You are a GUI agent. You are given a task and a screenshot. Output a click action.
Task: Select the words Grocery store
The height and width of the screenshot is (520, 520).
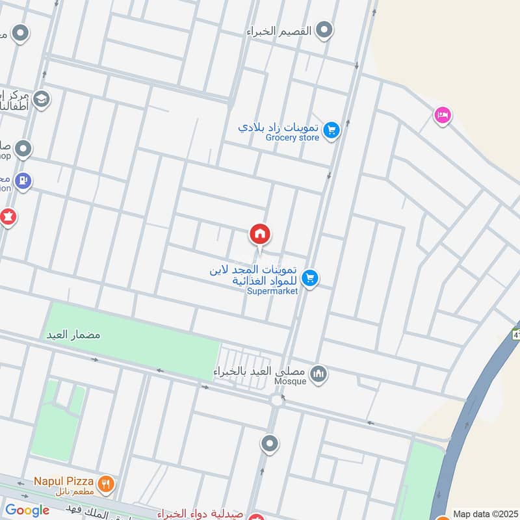(x=292, y=138)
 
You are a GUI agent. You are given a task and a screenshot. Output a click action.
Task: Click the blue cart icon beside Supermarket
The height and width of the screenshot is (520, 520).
(x=310, y=278)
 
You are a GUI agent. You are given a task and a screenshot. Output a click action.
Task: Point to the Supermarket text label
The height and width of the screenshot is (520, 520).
(x=272, y=291)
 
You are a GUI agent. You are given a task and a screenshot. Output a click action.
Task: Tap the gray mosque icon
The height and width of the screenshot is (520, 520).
(x=318, y=373)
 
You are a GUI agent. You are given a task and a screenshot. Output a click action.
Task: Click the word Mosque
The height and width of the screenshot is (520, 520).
(x=291, y=382)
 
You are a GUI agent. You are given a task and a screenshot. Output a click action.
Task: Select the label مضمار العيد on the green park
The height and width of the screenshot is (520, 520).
(x=72, y=335)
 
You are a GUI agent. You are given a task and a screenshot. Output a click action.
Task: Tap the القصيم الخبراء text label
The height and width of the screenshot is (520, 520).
(x=279, y=31)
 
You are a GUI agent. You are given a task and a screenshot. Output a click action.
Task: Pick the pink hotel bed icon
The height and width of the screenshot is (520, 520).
(x=443, y=116)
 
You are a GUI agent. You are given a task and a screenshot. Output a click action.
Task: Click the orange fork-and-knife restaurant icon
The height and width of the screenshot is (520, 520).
(x=106, y=484)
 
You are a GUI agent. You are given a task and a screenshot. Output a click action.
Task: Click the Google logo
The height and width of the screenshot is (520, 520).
(x=27, y=510)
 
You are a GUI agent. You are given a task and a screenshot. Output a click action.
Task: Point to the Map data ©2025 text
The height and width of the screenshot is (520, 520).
(x=484, y=513)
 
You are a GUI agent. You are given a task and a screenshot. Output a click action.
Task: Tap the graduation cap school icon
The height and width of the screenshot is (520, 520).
(x=42, y=99)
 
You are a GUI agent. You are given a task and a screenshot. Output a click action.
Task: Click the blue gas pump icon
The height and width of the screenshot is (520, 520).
(x=23, y=180)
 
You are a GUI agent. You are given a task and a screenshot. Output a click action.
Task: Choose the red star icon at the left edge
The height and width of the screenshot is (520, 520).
(x=7, y=216)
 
